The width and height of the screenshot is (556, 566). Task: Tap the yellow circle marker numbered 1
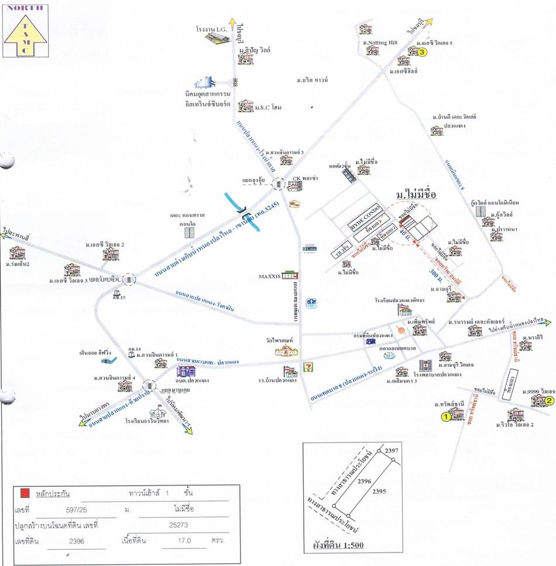(445, 417)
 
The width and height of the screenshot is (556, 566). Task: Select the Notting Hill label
(380, 43)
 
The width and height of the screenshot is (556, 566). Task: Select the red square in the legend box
(24, 493)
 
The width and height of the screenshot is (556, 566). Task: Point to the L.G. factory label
(211, 28)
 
